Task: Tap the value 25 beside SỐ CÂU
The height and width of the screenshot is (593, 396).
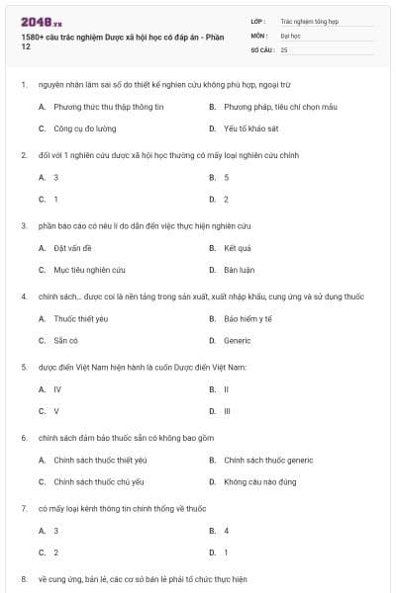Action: click(x=284, y=48)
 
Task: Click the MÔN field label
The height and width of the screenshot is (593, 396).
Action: click(x=259, y=35)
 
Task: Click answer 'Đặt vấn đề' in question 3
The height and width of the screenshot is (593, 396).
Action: click(x=73, y=248)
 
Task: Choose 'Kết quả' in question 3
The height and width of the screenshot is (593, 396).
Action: click(x=238, y=248)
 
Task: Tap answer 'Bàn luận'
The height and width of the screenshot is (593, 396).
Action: click(x=240, y=270)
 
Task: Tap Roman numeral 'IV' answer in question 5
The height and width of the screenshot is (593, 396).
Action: click(x=57, y=389)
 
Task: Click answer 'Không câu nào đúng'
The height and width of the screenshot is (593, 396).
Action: click(x=259, y=481)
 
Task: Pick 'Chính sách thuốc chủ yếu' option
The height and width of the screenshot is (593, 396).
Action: click(x=100, y=481)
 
